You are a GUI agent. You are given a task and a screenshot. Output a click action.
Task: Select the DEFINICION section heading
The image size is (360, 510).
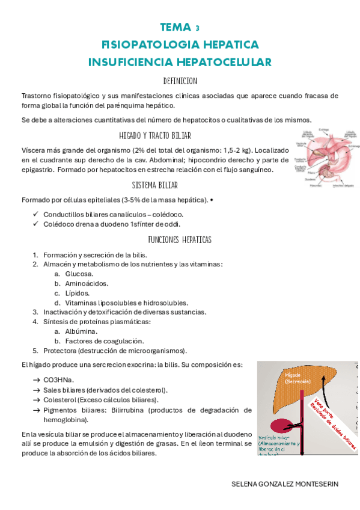coord(180,81)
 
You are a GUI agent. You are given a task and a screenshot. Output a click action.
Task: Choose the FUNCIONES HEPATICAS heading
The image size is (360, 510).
coord(180,239)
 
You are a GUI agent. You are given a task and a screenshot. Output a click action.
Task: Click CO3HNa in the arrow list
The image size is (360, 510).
coord(59,380)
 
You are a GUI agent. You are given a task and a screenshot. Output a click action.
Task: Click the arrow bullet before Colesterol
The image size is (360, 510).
coord(36,400)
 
